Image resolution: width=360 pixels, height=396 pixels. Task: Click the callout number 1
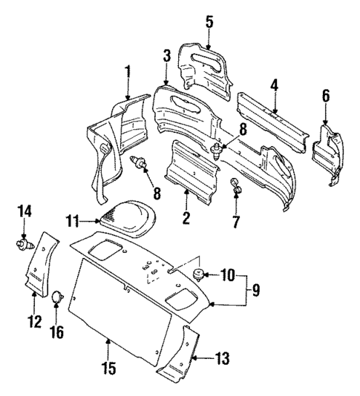127,72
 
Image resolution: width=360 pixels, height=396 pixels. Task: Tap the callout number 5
209,22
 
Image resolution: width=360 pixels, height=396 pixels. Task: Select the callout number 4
274,86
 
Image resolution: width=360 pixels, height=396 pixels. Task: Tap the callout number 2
186,217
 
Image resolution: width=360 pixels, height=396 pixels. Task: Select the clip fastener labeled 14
22,242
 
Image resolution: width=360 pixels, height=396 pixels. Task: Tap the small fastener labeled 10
199,277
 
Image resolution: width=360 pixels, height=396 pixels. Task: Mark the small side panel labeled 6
325,152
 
